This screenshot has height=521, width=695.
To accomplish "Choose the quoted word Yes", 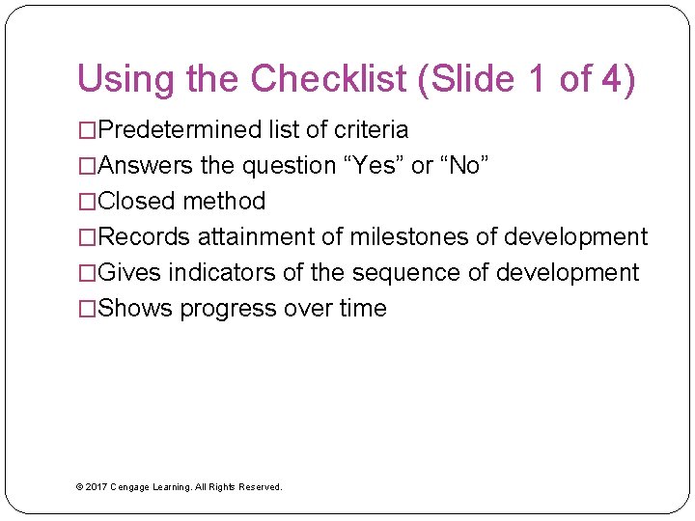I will coord(374,165).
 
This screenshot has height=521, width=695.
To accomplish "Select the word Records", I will coord(145,236).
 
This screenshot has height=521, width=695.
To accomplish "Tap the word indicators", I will coord(222,272).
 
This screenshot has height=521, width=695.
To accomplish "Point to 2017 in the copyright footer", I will coord(96,487).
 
